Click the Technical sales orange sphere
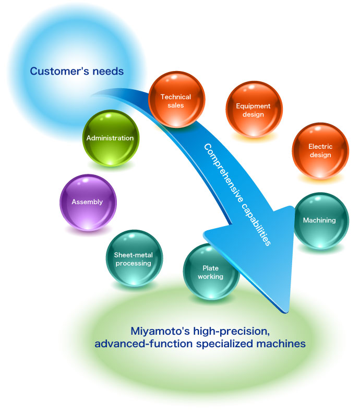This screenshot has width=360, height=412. tap(176, 100)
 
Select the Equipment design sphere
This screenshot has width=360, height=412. tap(254, 110)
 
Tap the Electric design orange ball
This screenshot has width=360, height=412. tap(320, 150)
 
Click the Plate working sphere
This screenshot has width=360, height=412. tap(210, 272)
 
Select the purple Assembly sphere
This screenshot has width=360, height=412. tap(87, 202)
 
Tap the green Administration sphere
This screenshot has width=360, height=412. tap(110, 138)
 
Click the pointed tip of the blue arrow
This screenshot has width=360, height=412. tap(285, 311)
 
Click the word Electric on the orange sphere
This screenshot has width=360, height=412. tap(320, 147)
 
